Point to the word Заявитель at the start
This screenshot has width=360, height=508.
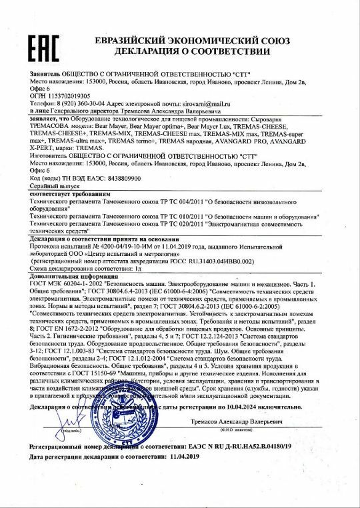tap(47, 72)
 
